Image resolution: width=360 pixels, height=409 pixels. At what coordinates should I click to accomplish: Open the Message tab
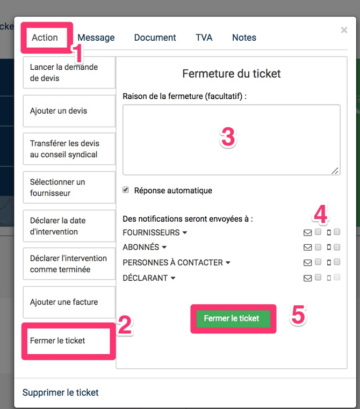(96, 38)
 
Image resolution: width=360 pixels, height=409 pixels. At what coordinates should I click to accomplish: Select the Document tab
(155, 38)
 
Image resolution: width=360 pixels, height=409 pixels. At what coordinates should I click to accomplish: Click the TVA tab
(204, 38)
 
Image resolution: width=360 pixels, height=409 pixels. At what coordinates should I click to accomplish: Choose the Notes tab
(244, 38)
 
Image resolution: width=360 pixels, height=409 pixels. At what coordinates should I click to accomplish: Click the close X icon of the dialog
(344, 30)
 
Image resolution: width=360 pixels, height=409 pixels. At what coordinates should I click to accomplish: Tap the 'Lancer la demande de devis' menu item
(69, 72)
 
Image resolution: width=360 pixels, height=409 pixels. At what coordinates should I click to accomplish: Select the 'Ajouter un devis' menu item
(69, 111)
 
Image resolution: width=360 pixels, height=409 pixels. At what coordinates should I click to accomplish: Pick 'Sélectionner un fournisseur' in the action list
(69, 187)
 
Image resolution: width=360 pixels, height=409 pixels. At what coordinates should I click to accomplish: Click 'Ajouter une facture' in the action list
(69, 302)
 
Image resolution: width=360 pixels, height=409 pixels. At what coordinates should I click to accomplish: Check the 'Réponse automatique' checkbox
(126, 189)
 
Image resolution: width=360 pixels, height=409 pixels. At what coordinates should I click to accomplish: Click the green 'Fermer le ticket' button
(232, 318)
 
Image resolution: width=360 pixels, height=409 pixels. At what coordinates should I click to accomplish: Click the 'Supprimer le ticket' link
(60, 392)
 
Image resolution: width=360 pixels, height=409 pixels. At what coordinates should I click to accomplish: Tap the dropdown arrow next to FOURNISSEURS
(185, 232)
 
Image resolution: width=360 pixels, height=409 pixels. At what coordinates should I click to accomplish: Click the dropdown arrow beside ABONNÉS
(164, 247)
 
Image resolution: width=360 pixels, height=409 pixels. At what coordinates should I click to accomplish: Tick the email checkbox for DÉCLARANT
(318, 277)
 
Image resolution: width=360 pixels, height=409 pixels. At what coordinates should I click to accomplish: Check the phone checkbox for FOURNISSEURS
(337, 232)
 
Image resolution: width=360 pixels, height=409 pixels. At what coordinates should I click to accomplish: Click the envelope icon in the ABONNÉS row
(307, 247)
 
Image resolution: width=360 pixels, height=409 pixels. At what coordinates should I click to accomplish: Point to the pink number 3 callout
(228, 137)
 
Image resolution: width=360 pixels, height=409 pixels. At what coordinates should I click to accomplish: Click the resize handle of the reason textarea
(335, 171)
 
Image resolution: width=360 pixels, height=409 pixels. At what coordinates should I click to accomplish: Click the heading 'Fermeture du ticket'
(231, 74)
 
